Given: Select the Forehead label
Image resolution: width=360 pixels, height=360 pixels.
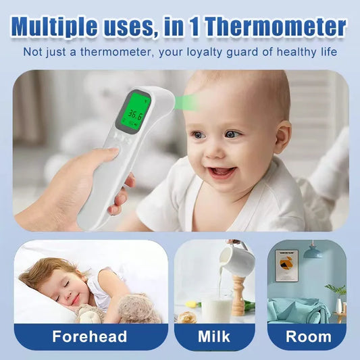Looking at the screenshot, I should (91, 336).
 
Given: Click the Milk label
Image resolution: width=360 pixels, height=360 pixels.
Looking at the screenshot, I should (213, 336).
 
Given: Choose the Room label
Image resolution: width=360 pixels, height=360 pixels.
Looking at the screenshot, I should (307, 336).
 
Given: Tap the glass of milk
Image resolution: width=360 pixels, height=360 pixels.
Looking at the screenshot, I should (217, 309).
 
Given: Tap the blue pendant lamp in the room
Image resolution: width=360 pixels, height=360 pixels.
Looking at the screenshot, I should (312, 252).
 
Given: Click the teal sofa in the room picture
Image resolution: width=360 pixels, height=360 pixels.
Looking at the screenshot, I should (297, 311).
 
